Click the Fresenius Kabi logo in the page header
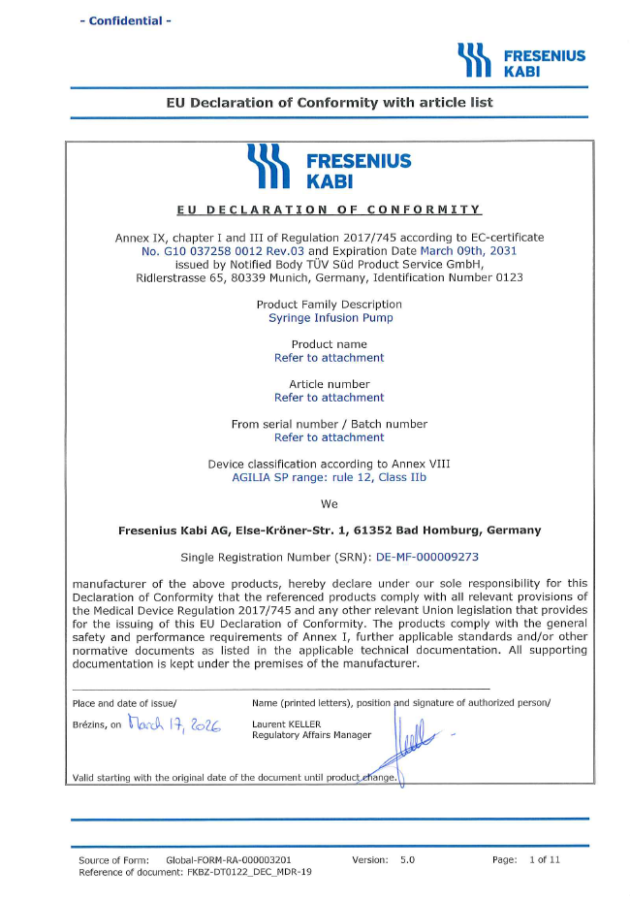click(x=521, y=61)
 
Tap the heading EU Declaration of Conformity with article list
click(x=330, y=102)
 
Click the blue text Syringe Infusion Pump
click(x=330, y=317)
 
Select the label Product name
click(x=330, y=344)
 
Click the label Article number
click(x=330, y=384)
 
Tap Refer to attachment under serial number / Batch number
click(x=330, y=437)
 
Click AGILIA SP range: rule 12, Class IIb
click(x=330, y=477)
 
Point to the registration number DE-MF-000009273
click(x=427, y=558)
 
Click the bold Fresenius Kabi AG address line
click(x=330, y=531)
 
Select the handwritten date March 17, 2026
click(x=174, y=723)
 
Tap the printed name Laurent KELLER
click(x=286, y=724)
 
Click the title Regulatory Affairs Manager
click(x=311, y=735)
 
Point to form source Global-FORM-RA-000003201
click(x=229, y=859)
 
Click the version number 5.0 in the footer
click(x=407, y=859)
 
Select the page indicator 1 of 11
click(x=545, y=859)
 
